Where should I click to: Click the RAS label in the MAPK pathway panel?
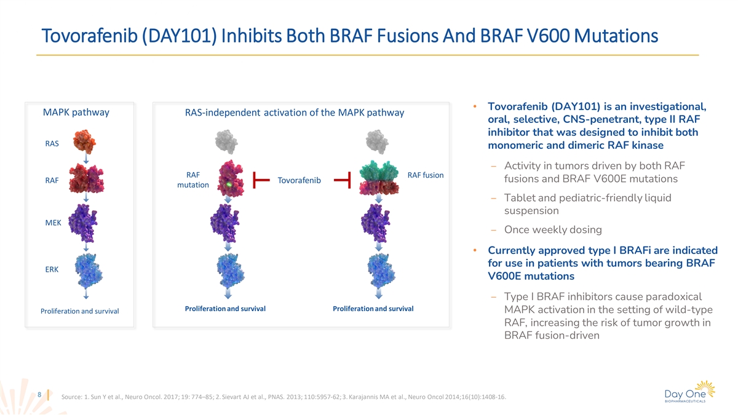52,144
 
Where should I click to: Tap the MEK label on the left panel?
53,223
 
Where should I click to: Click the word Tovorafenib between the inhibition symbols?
300,180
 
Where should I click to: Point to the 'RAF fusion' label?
426,175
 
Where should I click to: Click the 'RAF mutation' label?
192,180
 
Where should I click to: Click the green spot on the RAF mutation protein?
229,184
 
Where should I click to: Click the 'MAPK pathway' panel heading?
76,113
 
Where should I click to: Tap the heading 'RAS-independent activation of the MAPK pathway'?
295,113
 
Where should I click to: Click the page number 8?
39,394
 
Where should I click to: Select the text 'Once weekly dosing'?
553,230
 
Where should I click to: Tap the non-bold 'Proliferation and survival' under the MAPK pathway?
80,311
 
